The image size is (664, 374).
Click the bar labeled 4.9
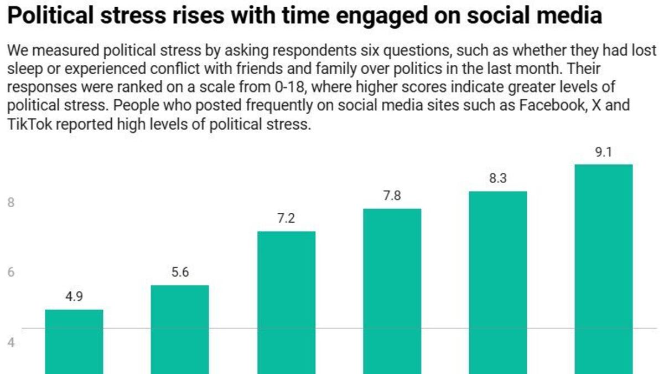coord(74,341)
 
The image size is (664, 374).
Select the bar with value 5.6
coord(179,329)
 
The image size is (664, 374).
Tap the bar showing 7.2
coord(286,302)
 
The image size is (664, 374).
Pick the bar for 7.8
coord(392,291)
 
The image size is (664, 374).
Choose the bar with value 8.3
coord(497,282)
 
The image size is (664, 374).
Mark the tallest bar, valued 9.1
coord(603,269)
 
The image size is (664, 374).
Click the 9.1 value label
coord(603,152)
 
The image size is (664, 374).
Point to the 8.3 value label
coord(497,179)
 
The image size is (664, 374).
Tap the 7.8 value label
coord(392,196)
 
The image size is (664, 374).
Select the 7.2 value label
coord(286,219)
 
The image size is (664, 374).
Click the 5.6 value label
coord(179,273)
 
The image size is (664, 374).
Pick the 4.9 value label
coord(74,297)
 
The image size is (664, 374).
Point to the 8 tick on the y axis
coord(11,203)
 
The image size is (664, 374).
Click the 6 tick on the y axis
coord(11,273)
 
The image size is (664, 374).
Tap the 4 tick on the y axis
coord(11,342)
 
